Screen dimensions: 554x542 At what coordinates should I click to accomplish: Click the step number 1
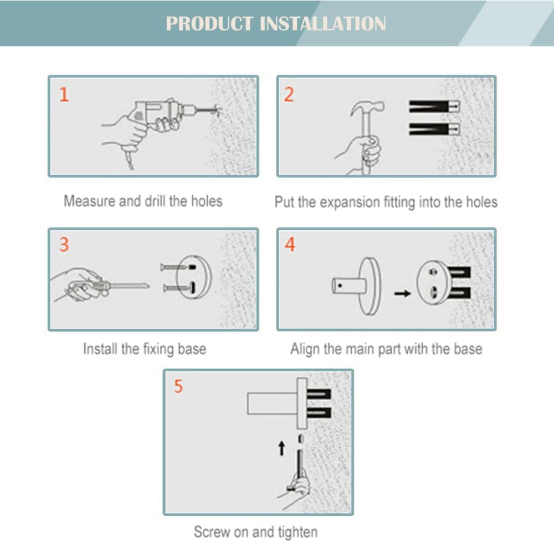pos(64,94)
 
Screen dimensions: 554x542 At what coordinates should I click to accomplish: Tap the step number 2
pos(289,95)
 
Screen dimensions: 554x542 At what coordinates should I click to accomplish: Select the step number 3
pos(64,244)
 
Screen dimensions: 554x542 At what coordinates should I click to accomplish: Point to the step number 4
pos(290,244)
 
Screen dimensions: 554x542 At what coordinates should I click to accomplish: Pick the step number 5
pos(178,386)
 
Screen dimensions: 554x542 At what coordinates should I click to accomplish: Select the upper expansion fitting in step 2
pos(434,106)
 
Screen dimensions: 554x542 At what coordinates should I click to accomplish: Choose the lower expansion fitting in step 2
pos(434,129)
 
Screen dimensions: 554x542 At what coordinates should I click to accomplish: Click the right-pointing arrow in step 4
pos(402,293)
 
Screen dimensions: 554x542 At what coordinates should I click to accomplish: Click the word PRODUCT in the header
pos(209,24)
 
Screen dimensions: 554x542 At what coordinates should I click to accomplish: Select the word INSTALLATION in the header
pos(322,24)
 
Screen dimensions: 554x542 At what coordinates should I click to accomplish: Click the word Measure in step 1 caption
pos(90,201)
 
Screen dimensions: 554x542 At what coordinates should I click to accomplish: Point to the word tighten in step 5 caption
pos(297,532)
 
